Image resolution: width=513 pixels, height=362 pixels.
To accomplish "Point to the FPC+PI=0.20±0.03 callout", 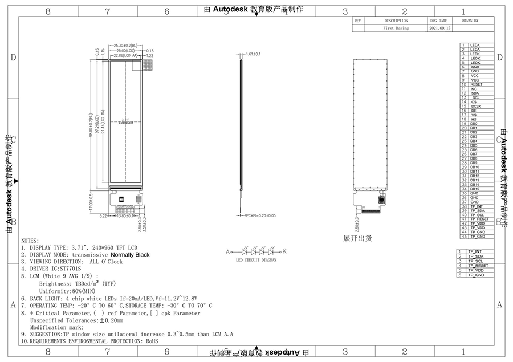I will click(x=259, y=215).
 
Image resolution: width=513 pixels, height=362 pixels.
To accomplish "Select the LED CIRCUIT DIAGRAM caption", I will click(x=256, y=259).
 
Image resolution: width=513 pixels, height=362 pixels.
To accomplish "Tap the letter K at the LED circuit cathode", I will click(x=285, y=251).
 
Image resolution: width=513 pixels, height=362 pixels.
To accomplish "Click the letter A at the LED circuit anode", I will click(x=228, y=251).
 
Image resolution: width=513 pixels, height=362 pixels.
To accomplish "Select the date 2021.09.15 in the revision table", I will click(x=440, y=28).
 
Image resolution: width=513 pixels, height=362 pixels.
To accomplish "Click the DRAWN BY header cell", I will click(x=470, y=20).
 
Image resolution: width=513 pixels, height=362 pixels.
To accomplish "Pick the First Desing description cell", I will click(x=396, y=28).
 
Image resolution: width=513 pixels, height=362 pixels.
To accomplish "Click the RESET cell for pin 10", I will click(x=476, y=84).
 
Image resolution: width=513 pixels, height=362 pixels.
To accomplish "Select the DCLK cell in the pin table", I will click(x=476, y=106).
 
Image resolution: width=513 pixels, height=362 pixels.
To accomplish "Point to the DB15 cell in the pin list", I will click(x=475, y=189).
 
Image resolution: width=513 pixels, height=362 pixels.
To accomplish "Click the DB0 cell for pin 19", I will click(x=474, y=124).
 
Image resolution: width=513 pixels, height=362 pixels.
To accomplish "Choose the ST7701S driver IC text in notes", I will click(x=70, y=268).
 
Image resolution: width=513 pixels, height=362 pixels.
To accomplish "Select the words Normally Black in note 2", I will click(x=130, y=255).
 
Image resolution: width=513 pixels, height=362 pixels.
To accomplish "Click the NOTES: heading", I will click(x=30, y=241).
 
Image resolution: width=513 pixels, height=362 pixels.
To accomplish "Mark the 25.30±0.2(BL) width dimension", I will click(x=125, y=45).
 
